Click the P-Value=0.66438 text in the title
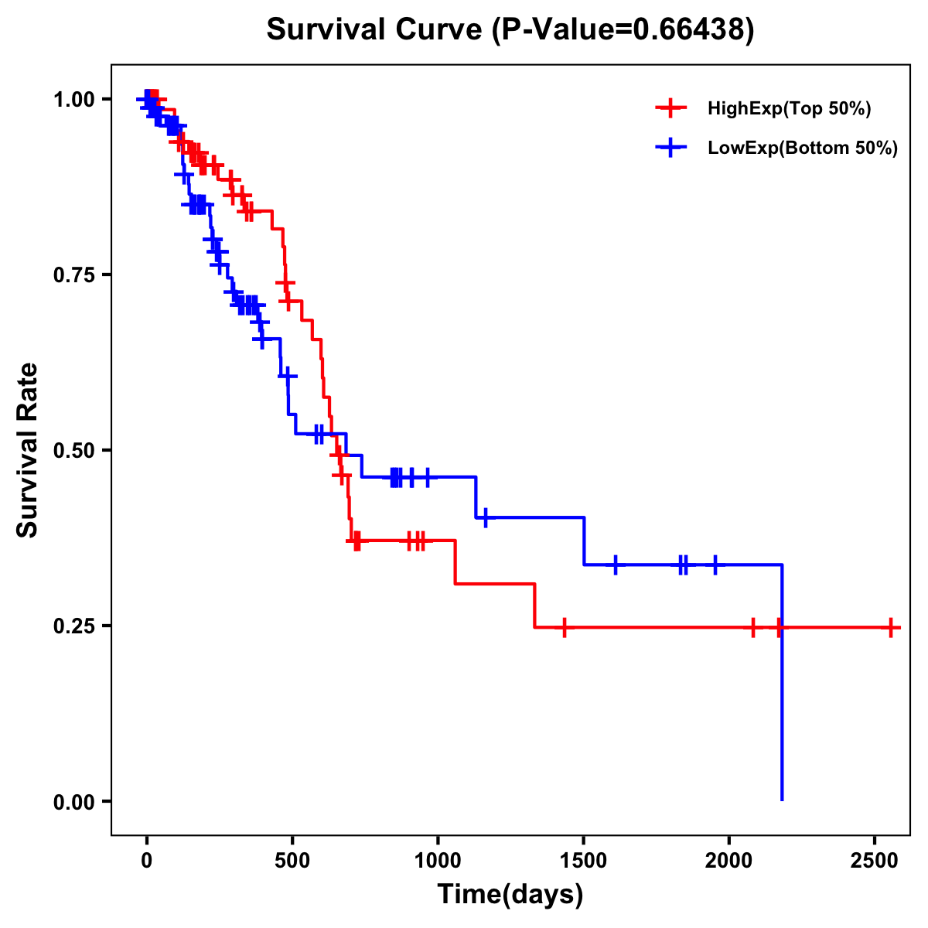(x=623, y=30)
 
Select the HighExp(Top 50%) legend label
(x=789, y=109)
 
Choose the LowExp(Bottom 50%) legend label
(x=803, y=148)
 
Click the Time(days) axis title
(x=510, y=895)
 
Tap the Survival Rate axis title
(x=28, y=450)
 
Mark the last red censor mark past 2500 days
(x=891, y=627)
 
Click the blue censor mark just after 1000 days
(x=485, y=517)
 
